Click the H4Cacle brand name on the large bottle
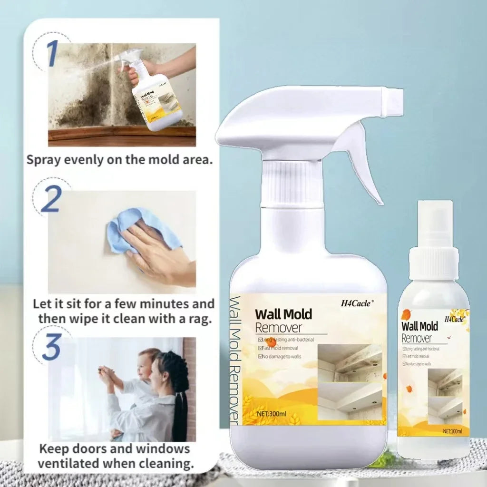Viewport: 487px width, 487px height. (x=358, y=302)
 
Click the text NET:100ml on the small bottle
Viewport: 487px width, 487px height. (x=452, y=431)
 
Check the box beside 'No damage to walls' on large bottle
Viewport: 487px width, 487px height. (x=260, y=356)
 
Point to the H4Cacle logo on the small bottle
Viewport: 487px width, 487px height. (x=454, y=319)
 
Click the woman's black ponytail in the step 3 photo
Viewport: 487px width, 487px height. (x=181, y=404)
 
